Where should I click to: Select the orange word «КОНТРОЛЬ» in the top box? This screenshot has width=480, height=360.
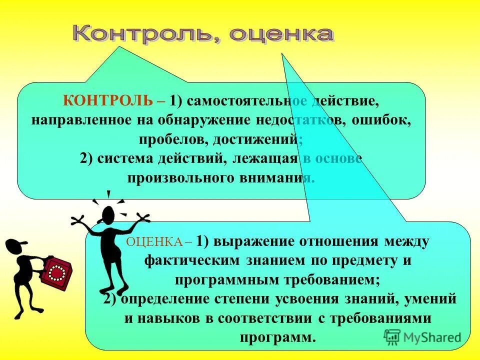[107, 100]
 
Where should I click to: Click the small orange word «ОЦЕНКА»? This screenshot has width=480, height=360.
[155, 242]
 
